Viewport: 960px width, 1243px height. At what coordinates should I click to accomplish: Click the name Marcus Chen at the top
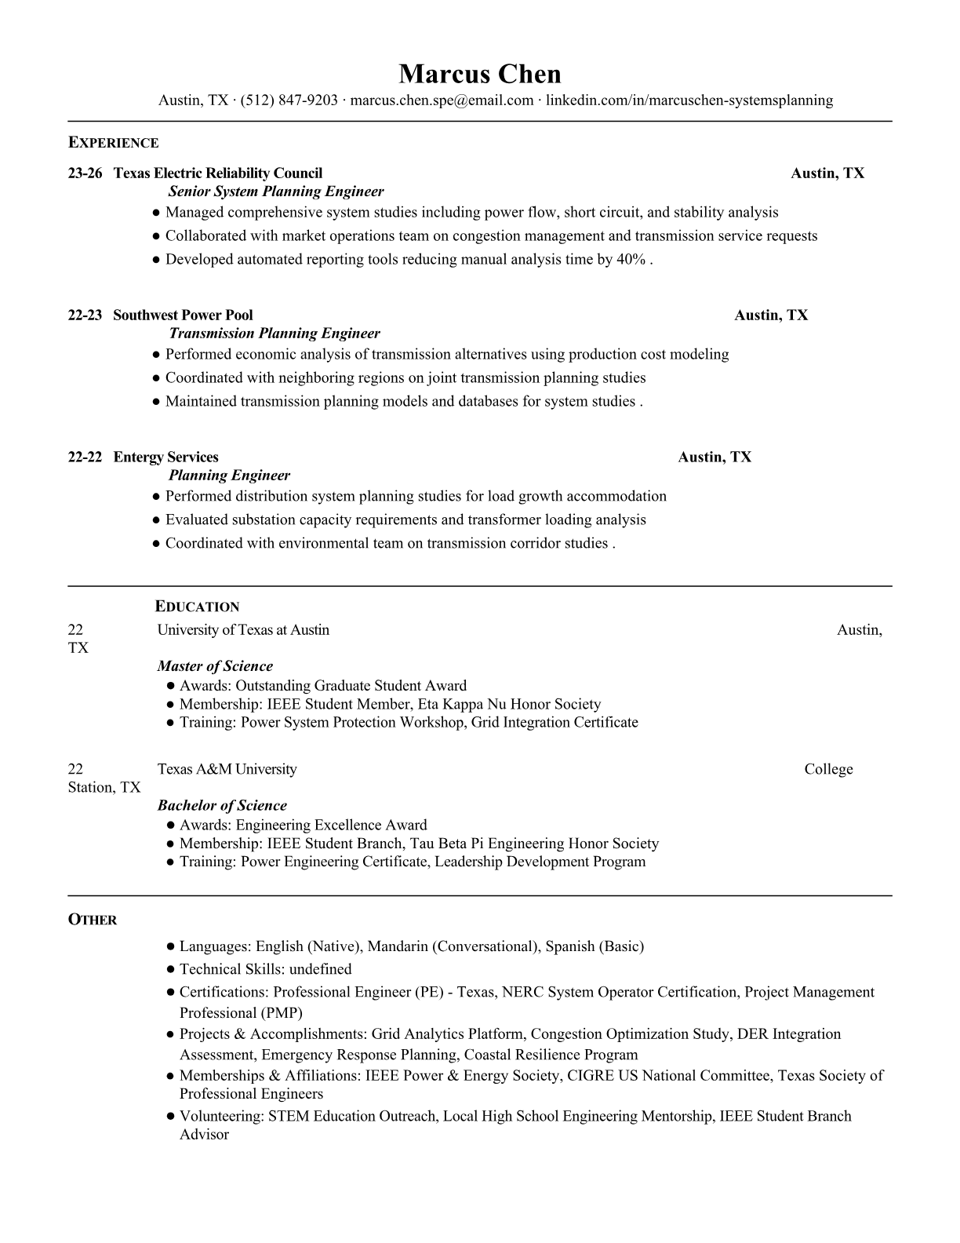[479, 74]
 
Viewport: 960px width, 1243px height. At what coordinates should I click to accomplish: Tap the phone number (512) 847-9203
[289, 100]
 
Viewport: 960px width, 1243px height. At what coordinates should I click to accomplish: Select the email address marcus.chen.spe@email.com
[442, 100]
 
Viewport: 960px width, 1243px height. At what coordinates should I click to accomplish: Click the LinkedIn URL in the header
[689, 100]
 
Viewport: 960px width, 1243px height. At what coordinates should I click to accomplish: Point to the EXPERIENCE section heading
[113, 143]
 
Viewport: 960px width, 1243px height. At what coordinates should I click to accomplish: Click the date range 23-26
[85, 173]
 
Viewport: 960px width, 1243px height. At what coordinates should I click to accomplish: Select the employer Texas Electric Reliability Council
[217, 173]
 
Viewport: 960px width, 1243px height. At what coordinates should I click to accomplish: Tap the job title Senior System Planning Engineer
[276, 191]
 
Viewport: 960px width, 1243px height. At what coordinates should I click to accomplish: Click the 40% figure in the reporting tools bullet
[631, 260]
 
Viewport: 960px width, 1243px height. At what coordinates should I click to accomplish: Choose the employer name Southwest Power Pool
[183, 315]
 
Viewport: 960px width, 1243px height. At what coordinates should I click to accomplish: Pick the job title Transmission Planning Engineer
[275, 334]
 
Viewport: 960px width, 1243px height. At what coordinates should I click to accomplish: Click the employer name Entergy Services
[165, 457]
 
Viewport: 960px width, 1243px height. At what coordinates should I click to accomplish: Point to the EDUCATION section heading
[197, 607]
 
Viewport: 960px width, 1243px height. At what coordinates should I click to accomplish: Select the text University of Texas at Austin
[243, 630]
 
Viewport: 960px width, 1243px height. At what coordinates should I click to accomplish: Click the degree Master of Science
[215, 666]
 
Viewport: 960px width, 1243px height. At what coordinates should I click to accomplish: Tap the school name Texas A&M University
[227, 769]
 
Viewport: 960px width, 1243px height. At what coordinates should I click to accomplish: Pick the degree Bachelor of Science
[222, 805]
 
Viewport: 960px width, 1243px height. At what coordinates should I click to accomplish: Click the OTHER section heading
[93, 920]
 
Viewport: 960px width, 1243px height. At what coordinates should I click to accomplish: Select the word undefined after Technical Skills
[318, 969]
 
